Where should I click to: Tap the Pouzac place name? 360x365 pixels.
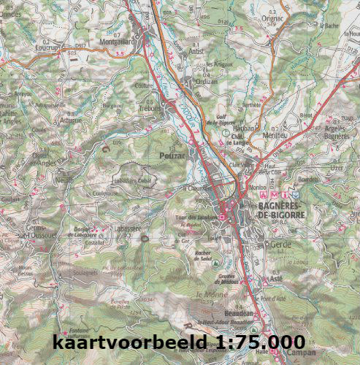pos(172,155)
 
